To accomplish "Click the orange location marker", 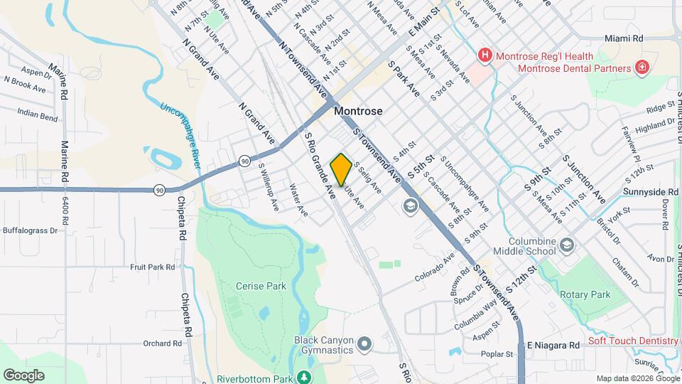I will click(x=341, y=169).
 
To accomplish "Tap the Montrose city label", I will click(x=358, y=112).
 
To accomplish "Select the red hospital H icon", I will click(x=485, y=55).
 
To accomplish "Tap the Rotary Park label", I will click(x=585, y=294).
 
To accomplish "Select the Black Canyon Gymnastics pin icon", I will click(x=365, y=345).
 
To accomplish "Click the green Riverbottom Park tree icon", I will click(x=304, y=377).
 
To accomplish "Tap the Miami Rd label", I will click(x=624, y=38).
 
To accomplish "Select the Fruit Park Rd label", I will click(x=152, y=267).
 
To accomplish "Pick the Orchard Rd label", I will click(x=162, y=343).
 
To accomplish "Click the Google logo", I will click(x=23, y=375).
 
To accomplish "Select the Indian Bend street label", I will click(x=38, y=116).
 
